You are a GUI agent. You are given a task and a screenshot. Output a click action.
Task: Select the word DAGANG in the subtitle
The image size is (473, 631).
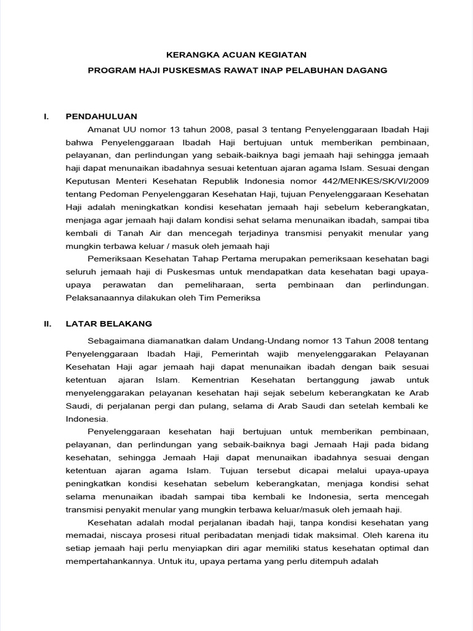click(366, 70)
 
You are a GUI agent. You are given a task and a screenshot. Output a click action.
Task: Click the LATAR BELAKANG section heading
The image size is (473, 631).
click(108, 324)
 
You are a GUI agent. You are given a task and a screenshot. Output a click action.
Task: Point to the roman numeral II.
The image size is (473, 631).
click(47, 324)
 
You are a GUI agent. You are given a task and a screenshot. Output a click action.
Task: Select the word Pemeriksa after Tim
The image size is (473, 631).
click(241, 298)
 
